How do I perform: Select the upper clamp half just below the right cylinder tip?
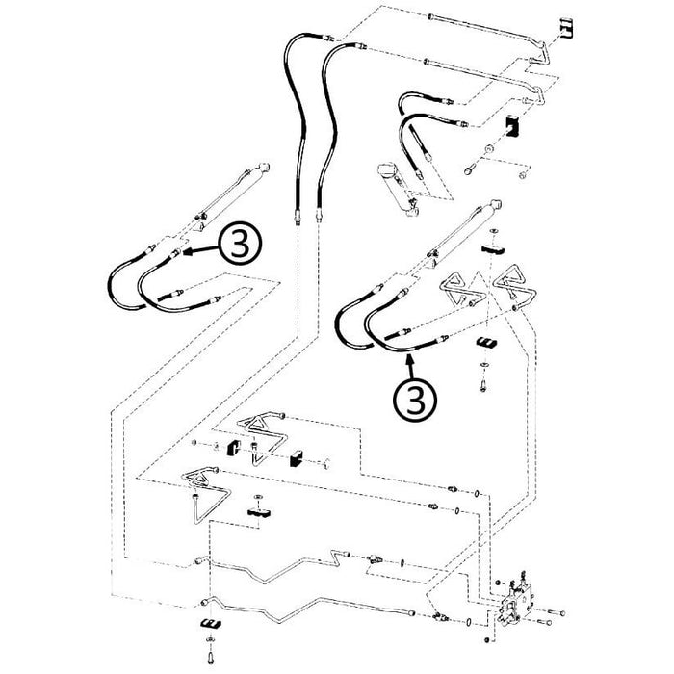(x=494, y=248)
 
